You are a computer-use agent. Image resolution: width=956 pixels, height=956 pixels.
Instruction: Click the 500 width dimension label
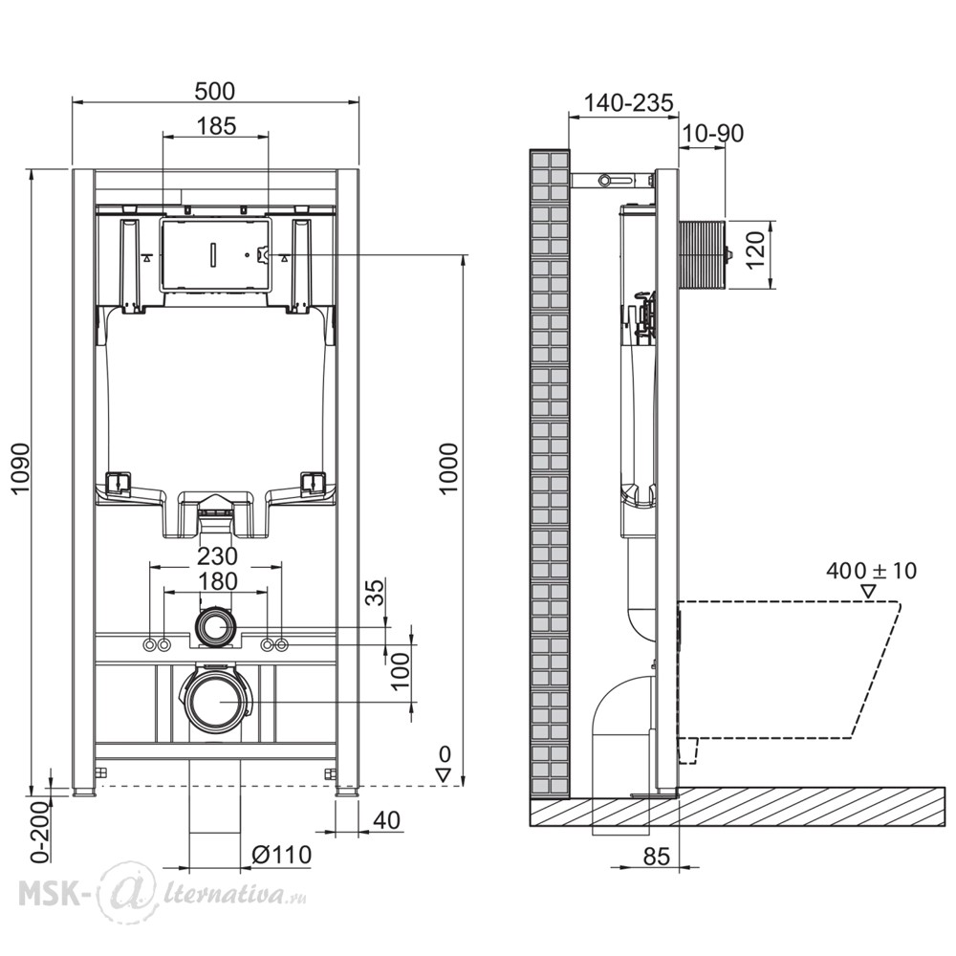coord(214,91)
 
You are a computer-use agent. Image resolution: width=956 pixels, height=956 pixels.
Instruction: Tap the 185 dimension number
coord(216,126)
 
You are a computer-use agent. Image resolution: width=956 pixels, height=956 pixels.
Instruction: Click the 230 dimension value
coord(217,556)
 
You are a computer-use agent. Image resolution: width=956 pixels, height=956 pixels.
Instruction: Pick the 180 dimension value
coord(217,581)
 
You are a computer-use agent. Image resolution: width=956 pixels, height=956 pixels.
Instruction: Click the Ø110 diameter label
coord(282,854)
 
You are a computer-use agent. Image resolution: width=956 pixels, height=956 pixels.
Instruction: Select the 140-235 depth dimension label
coord(629,103)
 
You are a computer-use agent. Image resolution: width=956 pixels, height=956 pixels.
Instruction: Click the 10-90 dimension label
coord(712,134)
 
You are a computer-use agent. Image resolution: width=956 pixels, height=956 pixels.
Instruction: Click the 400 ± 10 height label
coord(871,571)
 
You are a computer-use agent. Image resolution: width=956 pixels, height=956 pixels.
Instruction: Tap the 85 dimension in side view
coord(657,857)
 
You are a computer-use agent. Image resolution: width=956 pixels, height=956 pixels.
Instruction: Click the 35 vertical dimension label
coord(378,593)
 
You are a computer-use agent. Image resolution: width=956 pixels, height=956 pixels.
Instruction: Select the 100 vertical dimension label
coord(401,671)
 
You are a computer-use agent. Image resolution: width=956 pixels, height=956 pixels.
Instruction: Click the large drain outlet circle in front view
coord(218,702)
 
